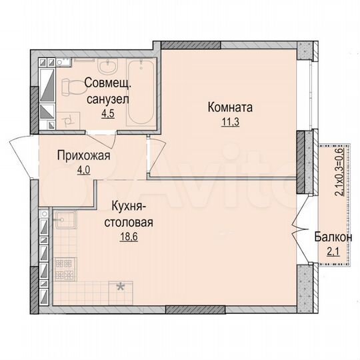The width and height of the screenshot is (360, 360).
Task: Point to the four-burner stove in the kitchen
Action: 65,267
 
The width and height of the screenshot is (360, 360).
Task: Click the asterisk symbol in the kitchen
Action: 121,287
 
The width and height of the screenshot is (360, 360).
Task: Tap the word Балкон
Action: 333,237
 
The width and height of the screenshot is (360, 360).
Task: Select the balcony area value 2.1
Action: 333,251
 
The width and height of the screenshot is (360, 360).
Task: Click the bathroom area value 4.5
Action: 108,113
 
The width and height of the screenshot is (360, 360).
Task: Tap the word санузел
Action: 108,99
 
